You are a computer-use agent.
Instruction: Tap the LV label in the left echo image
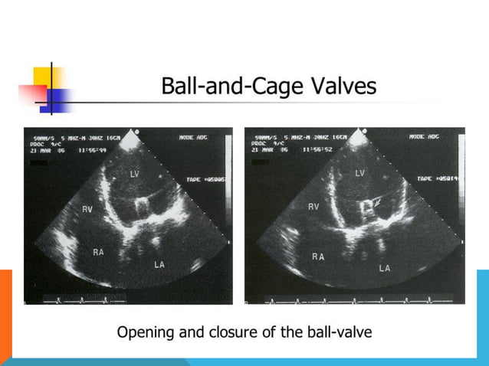tap(134, 175)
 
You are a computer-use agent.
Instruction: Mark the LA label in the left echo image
tap(159, 264)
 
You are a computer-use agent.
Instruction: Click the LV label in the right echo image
tap(359, 173)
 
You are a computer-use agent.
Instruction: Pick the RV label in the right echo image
tap(313, 207)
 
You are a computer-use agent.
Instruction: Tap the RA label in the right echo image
tap(317, 257)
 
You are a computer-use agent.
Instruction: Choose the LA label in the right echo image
tap(384, 269)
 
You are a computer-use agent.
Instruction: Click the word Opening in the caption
tap(145, 333)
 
